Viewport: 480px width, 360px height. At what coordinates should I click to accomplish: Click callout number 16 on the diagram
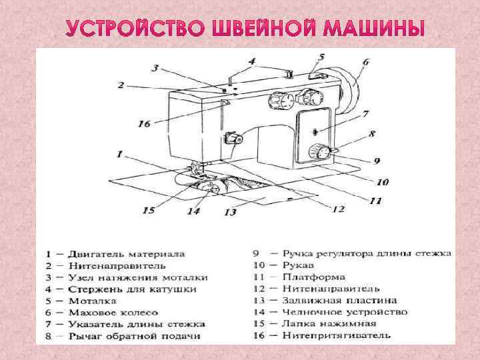pos(144,123)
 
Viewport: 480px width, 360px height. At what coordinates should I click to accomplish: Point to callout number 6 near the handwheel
pos(365,63)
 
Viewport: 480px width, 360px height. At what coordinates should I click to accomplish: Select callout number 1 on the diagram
pos(119,154)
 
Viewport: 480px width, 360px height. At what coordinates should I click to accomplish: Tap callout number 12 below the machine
pos(338,209)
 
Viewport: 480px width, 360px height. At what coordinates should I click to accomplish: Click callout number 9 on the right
pos(377,161)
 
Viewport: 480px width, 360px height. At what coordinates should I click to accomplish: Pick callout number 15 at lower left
pos(149,210)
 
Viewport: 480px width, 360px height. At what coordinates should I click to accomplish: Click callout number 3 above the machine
pos(155,67)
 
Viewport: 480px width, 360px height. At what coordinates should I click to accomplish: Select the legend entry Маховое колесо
pos(113,312)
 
